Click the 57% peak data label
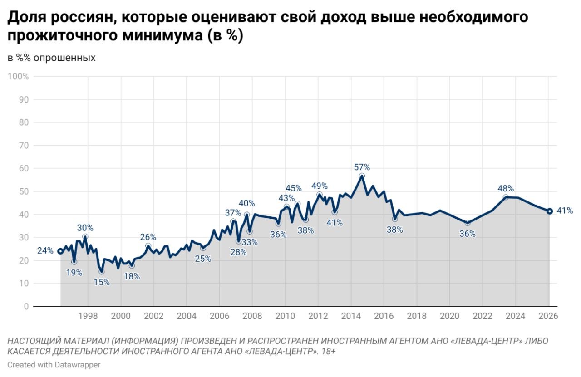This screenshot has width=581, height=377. coord(362,167)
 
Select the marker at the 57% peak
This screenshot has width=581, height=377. coord(362,176)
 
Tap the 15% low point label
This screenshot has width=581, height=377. coord(101,282)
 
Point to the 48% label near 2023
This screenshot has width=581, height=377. coord(506,188)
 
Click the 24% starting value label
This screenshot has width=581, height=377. coord(45,251)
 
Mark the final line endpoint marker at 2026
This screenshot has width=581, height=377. coord(549,211)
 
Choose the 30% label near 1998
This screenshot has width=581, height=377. coord(85,228)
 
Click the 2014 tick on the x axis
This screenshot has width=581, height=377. coord(351,316)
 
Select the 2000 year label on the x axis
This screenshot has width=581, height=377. coord(121,316)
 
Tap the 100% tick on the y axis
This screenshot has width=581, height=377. coord(19,77)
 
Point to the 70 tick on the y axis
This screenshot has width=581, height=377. coord(24,146)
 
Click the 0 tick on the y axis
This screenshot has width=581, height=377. coord(26,307)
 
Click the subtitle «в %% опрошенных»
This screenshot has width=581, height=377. coord(51,58)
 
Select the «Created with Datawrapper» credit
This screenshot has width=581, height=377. coord(54,365)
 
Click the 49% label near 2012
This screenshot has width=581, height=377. coord(320,186)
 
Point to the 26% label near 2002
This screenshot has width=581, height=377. coord(148,237)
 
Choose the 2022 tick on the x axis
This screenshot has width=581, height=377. coord(483,316)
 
